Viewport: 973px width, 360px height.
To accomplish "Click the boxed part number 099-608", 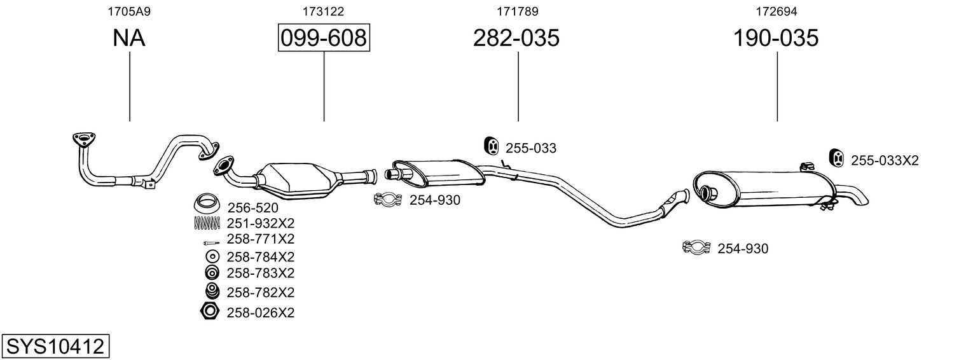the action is pos(324,38).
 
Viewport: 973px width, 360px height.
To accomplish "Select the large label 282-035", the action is pos(516,38).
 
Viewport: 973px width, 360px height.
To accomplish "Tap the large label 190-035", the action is pos(776,38).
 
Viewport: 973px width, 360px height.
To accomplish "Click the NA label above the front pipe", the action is pos(129,38).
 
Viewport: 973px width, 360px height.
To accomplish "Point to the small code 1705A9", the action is pos(129,11).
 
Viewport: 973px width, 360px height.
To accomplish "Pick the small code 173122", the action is pos(324,11).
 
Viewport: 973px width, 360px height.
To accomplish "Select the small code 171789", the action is pos(516,11).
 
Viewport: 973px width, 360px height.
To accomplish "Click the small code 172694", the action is pos(776,11).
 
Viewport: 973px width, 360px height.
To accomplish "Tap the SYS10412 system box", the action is pos(55,347).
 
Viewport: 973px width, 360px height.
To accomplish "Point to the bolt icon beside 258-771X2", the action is pos(209,242).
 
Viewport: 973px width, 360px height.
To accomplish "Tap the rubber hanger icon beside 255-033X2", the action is pos(838,157).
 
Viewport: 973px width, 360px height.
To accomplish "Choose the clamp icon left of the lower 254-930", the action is pos(696,247).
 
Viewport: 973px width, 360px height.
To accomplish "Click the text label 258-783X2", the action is pos(260,273).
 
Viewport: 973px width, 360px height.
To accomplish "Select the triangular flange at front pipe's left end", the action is pos(82,139).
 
